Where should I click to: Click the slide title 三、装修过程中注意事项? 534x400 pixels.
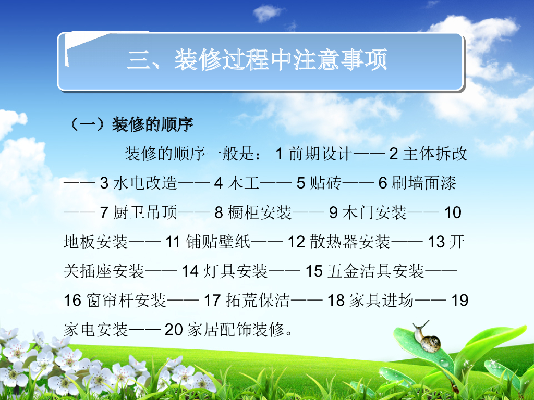(257, 61)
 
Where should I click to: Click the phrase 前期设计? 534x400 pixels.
(321, 154)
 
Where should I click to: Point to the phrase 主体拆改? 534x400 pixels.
(435, 154)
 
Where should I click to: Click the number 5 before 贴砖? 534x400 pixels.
(300, 183)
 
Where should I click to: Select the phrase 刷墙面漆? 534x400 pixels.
(424, 183)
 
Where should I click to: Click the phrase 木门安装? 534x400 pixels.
(375, 213)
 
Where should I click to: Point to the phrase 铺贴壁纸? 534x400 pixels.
(219, 242)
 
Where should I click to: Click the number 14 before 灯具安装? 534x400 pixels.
(190, 271)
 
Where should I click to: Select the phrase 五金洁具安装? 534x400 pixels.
(375, 271)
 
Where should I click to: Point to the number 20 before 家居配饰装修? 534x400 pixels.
(173, 330)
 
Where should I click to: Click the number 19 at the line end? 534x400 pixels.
(459, 301)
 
